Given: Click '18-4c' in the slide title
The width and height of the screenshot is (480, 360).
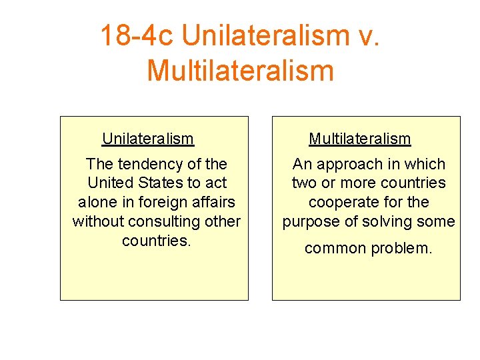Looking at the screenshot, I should pos(136,35).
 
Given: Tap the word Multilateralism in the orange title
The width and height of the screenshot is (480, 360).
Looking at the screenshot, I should pos(240,70).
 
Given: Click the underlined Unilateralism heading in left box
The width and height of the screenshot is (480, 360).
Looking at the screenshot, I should pos(147,139).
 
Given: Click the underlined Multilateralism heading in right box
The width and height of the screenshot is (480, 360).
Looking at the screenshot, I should pos(359,139).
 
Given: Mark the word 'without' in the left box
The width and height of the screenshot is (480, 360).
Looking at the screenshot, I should pos(97,221).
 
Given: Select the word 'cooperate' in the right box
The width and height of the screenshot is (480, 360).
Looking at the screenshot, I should pos(341,202).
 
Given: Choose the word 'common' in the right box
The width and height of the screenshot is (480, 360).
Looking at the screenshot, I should pos(335,249).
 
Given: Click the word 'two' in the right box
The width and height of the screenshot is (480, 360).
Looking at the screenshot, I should pos(304,183).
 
